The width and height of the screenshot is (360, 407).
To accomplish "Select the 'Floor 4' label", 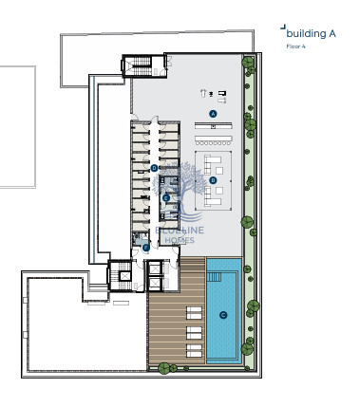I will click(295, 45).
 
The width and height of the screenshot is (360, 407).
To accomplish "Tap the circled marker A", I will click(213, 113).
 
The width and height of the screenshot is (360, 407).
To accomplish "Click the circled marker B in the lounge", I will click(213, 179).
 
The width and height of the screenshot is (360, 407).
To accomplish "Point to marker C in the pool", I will click(223, 315).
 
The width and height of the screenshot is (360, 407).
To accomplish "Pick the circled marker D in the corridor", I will click(154, 168).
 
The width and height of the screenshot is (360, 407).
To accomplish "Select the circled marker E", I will click(166, 197).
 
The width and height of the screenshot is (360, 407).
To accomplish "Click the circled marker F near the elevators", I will click(146, 247).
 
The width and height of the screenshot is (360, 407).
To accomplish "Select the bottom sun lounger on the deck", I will click(194, 352).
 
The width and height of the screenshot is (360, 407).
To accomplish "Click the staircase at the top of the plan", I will click(138, 67).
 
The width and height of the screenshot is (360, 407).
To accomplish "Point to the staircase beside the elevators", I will click(121, 275).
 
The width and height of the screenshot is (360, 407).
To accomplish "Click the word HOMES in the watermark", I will click(173, 240).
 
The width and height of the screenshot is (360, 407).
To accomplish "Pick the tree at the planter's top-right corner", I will click(248, 65).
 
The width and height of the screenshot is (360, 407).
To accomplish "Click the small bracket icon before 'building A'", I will click(282, 28).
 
